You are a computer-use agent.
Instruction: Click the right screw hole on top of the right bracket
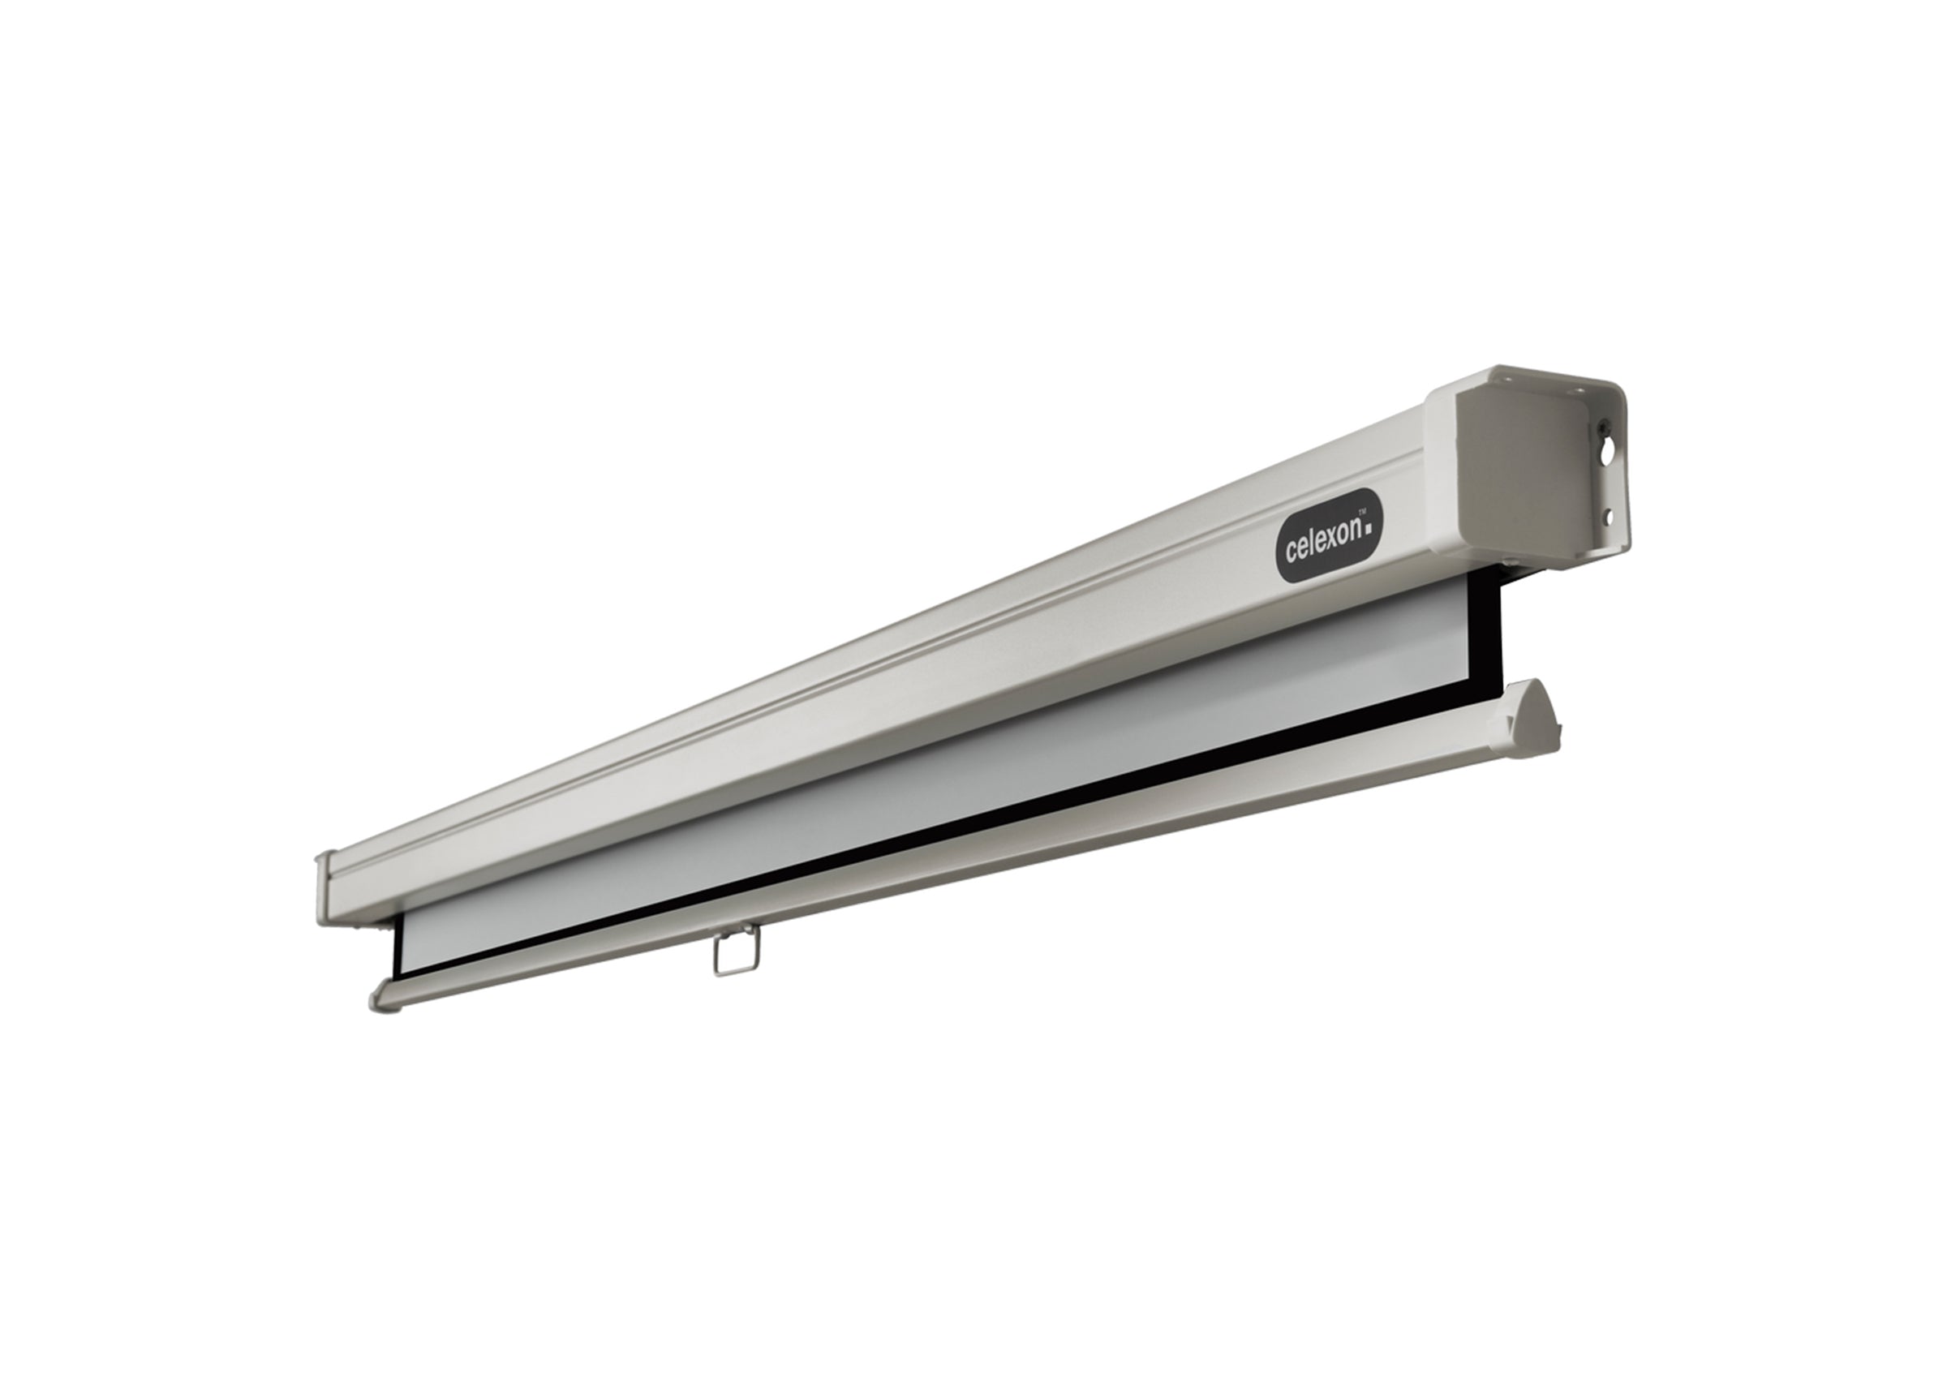point(1579,393)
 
